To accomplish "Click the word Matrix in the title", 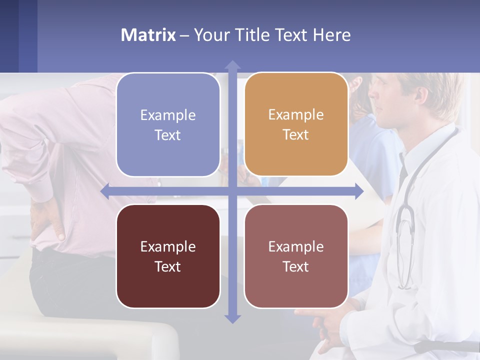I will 148,35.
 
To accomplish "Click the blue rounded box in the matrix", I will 168,124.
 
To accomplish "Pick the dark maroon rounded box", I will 168,256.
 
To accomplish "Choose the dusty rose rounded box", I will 296,256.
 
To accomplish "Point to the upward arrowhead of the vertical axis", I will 232,65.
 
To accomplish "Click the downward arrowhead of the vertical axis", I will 232,318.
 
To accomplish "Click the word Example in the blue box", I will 168,115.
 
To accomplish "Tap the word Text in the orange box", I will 296,134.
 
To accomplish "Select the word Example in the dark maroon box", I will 168,246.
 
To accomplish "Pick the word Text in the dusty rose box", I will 296,266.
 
